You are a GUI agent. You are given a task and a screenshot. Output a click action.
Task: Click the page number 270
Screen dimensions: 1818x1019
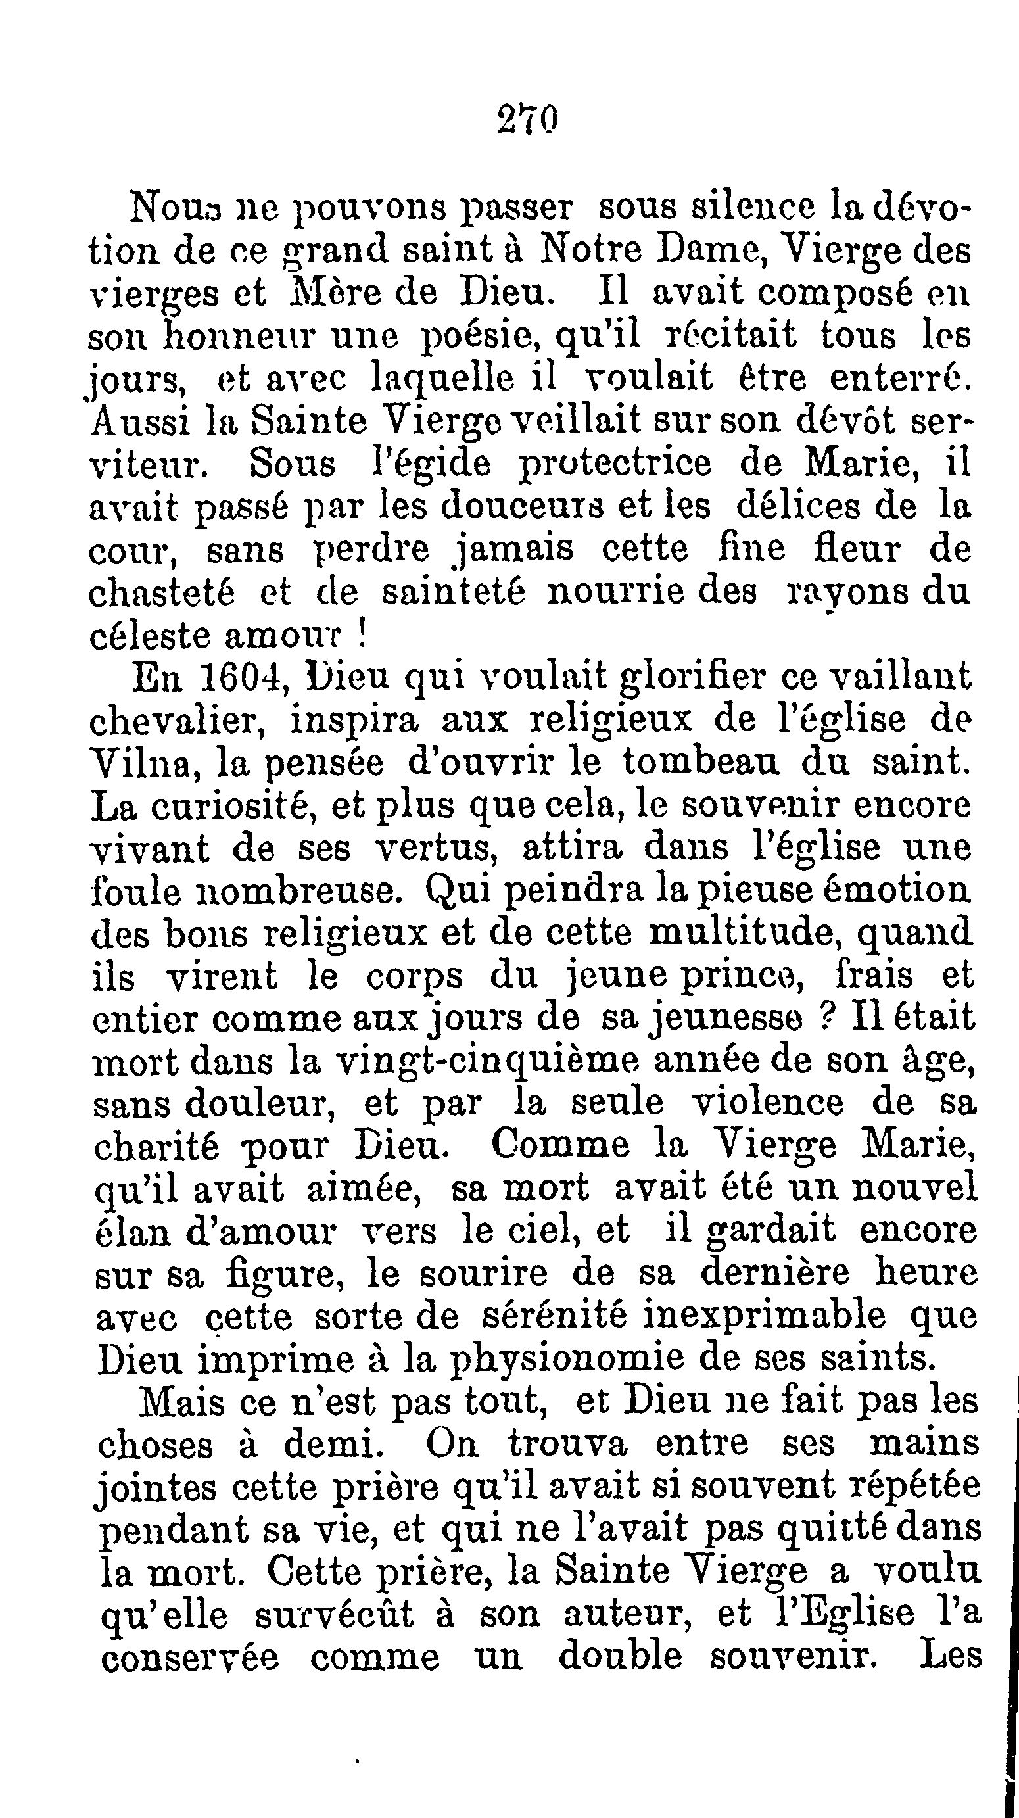pyautogui.click(x=527, y=118)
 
